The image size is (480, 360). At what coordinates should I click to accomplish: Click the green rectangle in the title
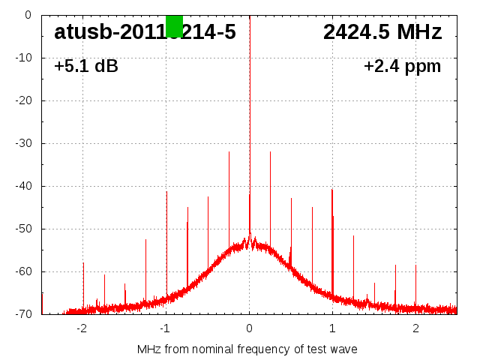coord(174,25)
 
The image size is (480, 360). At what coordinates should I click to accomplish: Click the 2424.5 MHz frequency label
coord(382,32)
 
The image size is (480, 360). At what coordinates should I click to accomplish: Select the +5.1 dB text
coord(86,67)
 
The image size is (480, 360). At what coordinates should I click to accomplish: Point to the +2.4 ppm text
coord(402,67)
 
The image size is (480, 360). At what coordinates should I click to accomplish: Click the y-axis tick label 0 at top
coord(28,15)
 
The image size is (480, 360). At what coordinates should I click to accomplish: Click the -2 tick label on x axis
coord(82,328)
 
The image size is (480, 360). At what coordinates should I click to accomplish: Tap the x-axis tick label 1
coord(332,328)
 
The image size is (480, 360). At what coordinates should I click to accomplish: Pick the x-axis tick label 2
coord(415,328)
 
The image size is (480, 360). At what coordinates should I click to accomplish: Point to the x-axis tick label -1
coord(165,328)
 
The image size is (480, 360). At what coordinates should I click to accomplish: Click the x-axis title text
coord(247,349)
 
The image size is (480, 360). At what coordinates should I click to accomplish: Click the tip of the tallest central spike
coord(250,16)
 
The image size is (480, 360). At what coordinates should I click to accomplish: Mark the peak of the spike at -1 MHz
coord(166,192)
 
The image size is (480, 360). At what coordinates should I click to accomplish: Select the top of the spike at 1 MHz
coord(331,190)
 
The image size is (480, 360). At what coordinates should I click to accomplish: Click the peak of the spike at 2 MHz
coord(415,265)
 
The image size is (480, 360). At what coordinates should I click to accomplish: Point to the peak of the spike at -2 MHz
coord(83,263)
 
